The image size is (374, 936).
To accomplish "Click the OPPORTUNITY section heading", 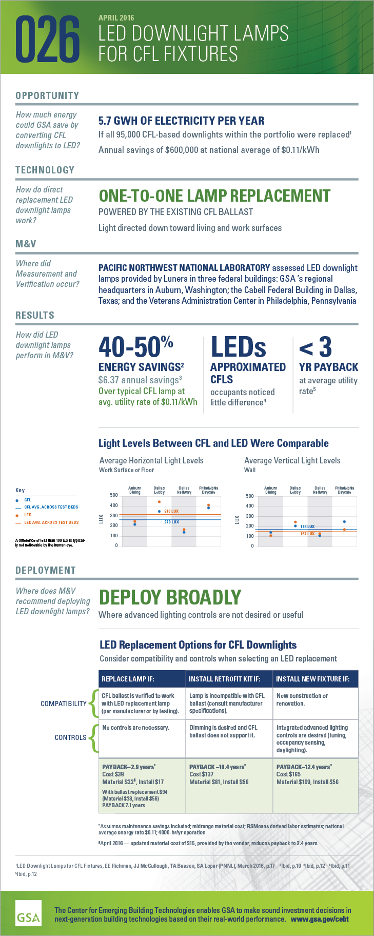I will (47, 95).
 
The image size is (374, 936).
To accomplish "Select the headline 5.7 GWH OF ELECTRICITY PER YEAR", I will (181, 121).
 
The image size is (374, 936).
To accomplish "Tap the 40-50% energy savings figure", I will (135, 347).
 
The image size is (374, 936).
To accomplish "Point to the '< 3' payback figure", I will (315, 347).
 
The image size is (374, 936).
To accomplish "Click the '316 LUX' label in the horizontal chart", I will (171, 511).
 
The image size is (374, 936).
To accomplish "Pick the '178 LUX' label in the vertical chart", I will (307, 526).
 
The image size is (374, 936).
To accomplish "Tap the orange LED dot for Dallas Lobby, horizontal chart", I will (160, 502).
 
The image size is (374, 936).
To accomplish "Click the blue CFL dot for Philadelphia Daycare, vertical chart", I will (344, 522).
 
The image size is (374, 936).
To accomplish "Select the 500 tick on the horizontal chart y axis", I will (114, 495).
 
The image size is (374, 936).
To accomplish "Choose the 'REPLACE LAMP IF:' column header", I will (128, 679).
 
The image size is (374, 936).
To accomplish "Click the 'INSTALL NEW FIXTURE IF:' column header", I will (312, 679).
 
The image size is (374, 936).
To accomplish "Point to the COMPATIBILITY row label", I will (64, 704).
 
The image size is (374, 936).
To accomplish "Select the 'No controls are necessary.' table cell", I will (135, 728).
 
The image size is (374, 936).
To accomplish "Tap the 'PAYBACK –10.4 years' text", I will (217, 767).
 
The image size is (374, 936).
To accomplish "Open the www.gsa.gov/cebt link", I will (320, 919).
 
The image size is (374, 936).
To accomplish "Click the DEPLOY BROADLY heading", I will (170, 598).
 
